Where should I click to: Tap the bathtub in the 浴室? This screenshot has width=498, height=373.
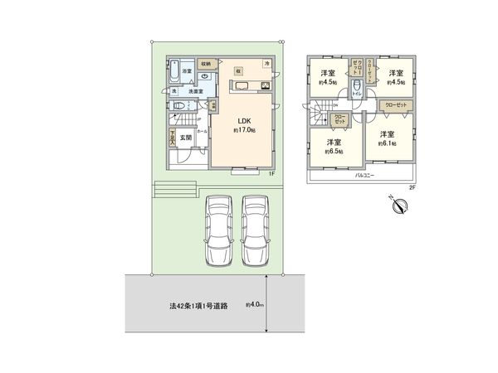point(172,73)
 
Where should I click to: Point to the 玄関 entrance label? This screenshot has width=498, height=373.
point(188,138)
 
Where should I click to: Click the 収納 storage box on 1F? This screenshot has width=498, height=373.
point(207,64)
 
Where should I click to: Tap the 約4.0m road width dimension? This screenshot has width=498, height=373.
point(254,305)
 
